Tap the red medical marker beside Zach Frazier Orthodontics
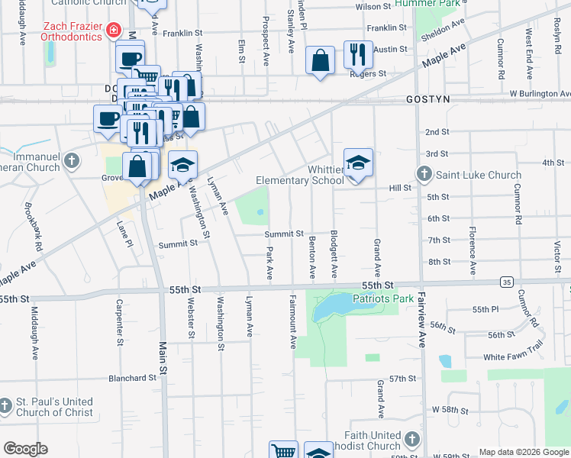point(113,31)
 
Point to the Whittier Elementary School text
point(299,175)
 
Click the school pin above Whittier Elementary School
point(358,163)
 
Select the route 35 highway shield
point(507,282)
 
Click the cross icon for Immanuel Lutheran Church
point(72,160)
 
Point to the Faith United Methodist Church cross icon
point(412,439)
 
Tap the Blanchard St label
point(132,378)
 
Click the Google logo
point(25,449)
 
